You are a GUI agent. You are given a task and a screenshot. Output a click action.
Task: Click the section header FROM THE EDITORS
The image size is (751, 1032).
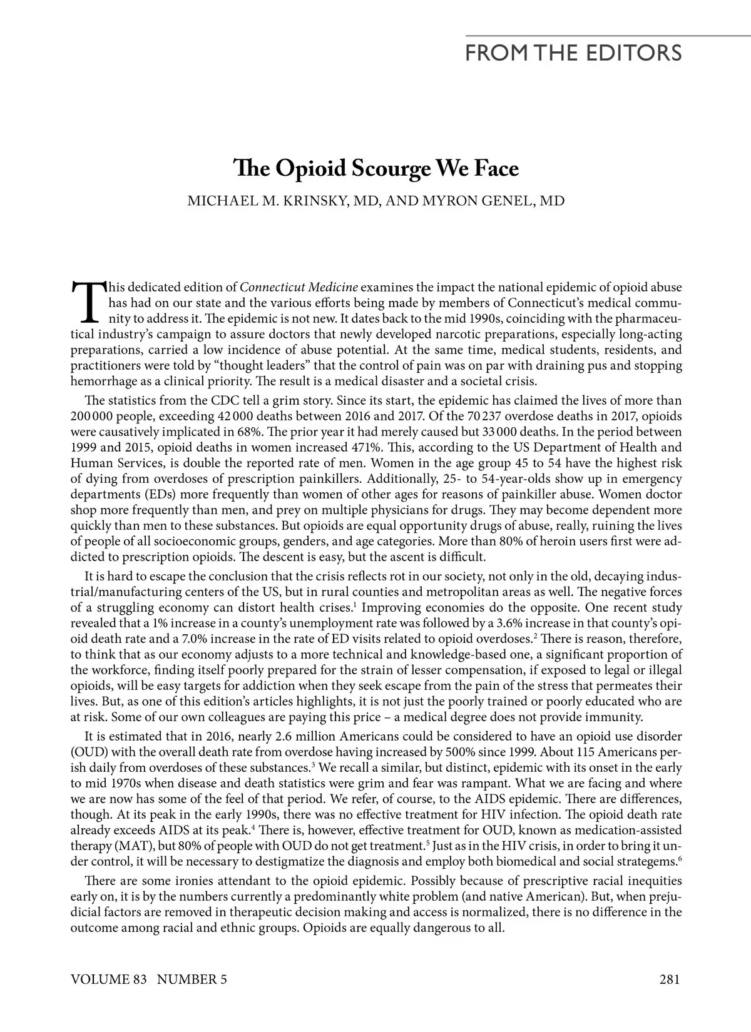pyautogui.click(x=573, y=52)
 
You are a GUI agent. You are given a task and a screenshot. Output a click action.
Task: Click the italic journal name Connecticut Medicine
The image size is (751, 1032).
pyautogui.click(x=299, y=288)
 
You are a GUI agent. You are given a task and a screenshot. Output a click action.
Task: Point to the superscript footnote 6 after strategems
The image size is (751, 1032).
pyautogui.click(x=680, y=859)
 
